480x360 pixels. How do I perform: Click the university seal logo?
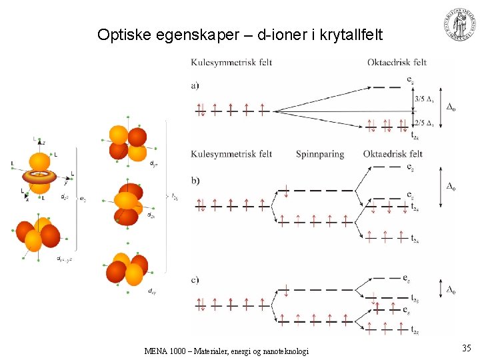[x=460, y=26]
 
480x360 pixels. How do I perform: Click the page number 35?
[x=466, y=347]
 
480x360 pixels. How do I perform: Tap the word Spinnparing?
[x=320, y=154]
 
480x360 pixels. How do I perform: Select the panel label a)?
[x=195, y=85]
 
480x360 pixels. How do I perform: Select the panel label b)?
[x=195, y=181]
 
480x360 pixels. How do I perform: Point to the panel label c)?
[x=195, y=279]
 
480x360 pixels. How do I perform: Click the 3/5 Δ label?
[x=423, y=99]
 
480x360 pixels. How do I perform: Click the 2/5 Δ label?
[x=423, y=123]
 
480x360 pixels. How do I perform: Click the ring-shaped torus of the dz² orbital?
[x=41, y=177]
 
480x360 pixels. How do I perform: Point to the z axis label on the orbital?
[x=44, y=142]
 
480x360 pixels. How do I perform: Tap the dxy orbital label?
[x=153, y=291]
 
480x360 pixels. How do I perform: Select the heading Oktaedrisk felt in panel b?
[x=393, y=154]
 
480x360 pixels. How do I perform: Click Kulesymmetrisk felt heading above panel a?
[x=231, y=63]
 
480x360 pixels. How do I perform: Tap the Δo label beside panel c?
[x=451, y=289]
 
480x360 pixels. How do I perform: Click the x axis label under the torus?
[x=27, y=199]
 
